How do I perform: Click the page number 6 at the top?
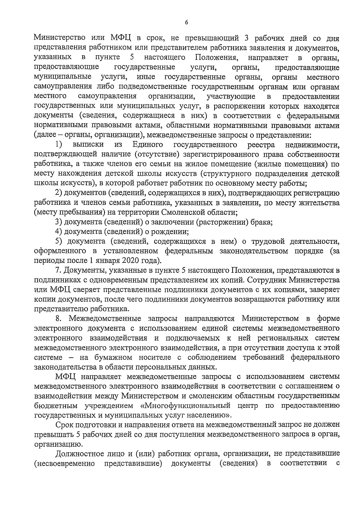point(186,22)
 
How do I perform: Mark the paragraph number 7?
point(58,271)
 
